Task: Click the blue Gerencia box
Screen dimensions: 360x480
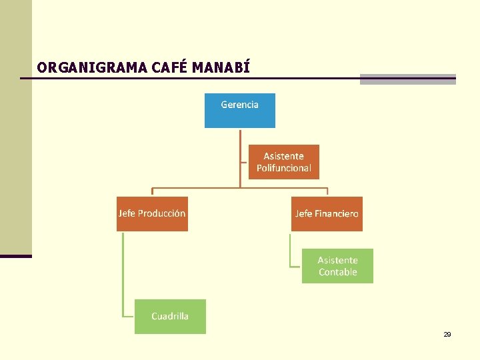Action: (x=239, y=111)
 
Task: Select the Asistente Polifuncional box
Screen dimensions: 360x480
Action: (x=284, y=162)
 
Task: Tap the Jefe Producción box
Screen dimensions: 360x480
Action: (x=152, y=214)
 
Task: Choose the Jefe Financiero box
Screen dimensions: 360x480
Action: (x=327, y=214)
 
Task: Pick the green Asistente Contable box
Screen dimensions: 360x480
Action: (x=337, y=266)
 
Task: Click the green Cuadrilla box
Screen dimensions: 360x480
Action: (x=170, y=317)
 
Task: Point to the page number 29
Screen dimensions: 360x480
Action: (x=447, y=334)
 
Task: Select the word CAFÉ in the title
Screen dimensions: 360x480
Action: (x=171, y=67)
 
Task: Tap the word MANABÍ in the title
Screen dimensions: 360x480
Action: (x=221, y=67)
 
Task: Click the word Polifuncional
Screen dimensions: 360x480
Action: (x=284, y=168)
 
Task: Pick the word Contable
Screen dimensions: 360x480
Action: (x=338, y=272)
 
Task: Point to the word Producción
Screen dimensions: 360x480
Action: (x=162, y=213)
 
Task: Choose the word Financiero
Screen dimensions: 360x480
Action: (x=337, y=213)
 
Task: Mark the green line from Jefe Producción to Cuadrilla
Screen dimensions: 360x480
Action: (x=123, y=273)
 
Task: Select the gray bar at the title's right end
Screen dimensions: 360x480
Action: (x=407, y=79)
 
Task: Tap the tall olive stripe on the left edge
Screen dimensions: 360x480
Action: (x=15, y=127)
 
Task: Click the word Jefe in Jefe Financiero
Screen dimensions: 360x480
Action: (x=303, y=213)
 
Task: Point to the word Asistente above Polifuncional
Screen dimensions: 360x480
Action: (x=283, y=156)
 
